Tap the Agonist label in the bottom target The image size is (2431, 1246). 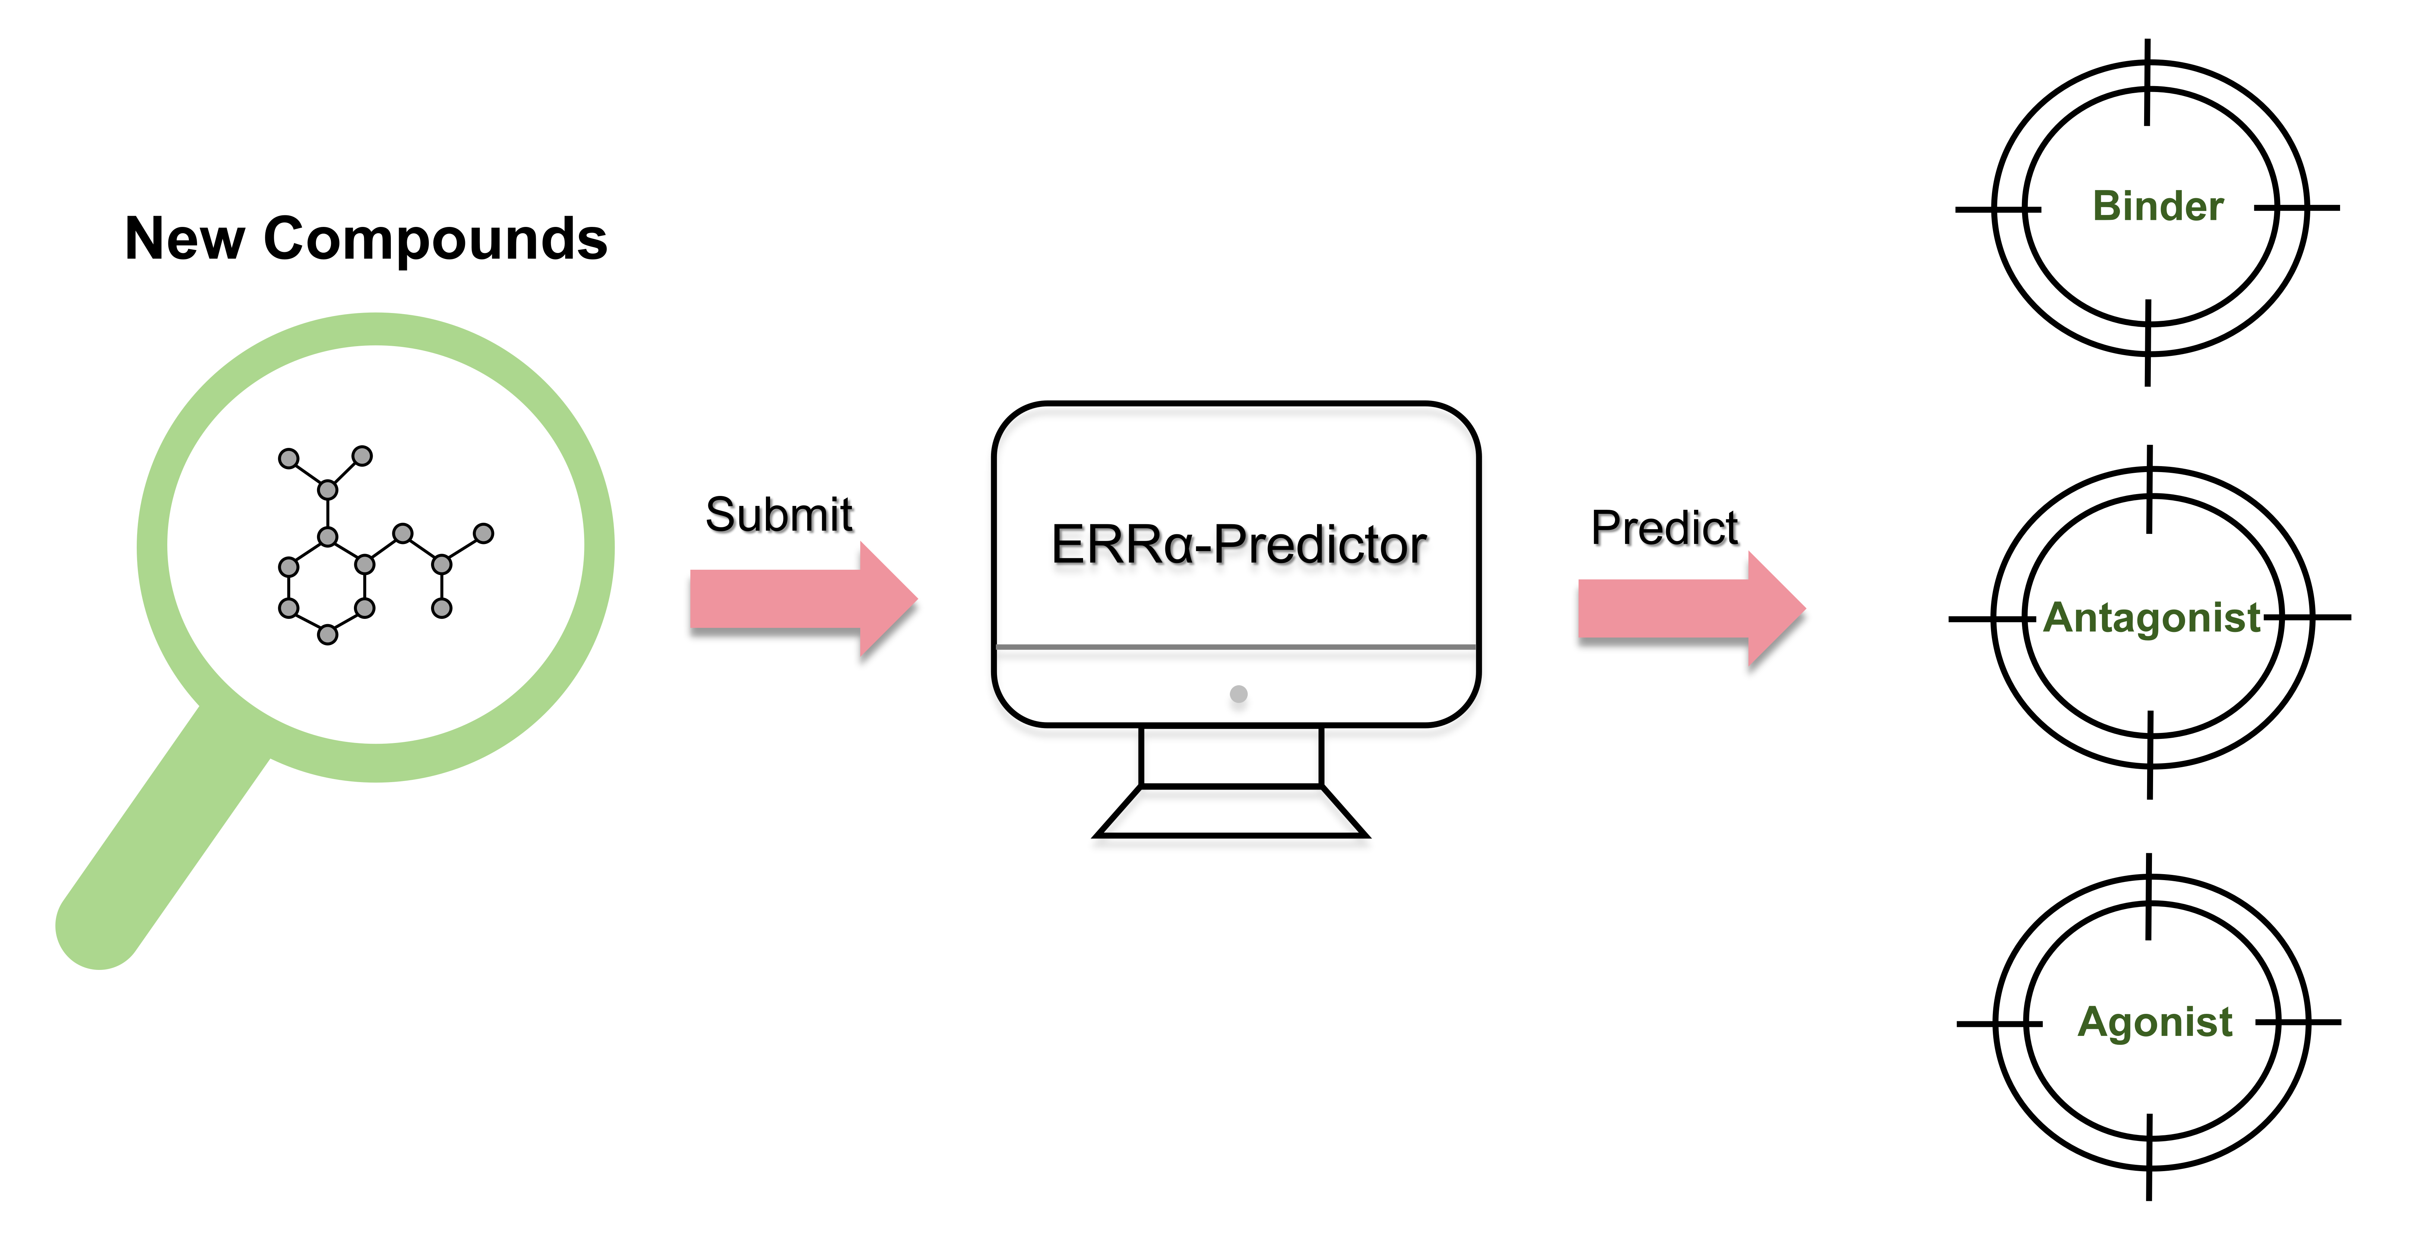point(2155,1022)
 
